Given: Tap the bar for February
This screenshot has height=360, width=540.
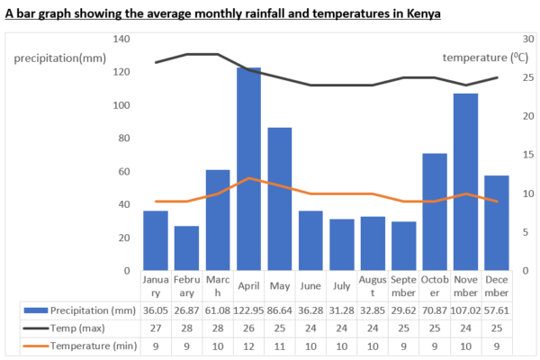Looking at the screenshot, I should (x=186, y=247).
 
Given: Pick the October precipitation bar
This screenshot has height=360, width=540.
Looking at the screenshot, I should (x=434, y=211).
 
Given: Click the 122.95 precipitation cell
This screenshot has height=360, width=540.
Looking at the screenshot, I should (x=248, y=310).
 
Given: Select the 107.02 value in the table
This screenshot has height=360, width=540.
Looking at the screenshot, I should (x=464, y=310).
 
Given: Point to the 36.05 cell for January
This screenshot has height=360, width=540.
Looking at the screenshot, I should (x=155, y=310).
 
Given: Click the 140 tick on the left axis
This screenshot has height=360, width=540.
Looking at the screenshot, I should (x=121, y=40).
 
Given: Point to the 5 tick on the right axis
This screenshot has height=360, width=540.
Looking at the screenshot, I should (x=529, y=231).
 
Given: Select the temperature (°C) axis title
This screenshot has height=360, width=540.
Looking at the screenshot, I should (x=485, y=58).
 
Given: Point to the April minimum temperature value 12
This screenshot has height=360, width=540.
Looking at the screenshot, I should (x=248, y=346).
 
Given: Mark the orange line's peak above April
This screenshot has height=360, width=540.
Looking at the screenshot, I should (x=248, y=178).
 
